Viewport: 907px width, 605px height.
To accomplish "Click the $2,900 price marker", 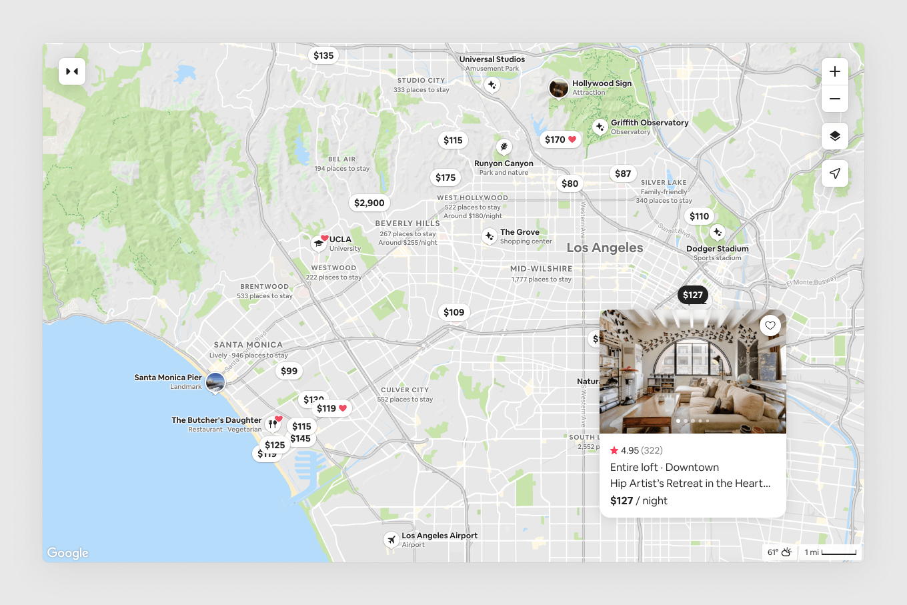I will (x=369, y=203).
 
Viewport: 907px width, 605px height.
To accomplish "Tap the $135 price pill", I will (x=323, y=55).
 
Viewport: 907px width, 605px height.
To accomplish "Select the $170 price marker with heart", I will (x=560, y=139).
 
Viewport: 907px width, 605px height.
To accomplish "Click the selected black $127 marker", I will (x=693, y=295).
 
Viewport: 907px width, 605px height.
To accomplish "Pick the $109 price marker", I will (x=454, y=312).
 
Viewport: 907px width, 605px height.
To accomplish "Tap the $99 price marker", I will (x=289, y=371).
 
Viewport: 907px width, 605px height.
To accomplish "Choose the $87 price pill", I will (x=623, y=173).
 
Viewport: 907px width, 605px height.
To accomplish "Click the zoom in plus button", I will (x=835, y=71).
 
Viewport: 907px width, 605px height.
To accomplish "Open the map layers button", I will (x=835, y=136).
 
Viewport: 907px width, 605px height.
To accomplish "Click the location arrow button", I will (x=835, y=173).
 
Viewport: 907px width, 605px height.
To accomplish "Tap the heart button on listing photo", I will (x=770, y=326).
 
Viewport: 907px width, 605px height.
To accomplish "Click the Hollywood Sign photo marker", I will (x=559, y=88).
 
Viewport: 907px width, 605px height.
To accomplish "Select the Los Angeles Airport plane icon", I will (x=391, y=539).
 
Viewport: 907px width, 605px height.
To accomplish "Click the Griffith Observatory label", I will (x=650, y=123).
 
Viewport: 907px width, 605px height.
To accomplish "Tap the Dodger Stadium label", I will (x=718, y=249).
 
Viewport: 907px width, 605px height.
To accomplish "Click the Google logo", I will (x=68, y=553).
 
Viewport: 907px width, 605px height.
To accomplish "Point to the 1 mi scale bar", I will (x=831, y=552).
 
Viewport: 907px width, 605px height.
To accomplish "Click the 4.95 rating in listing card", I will (x=630, y=450).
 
